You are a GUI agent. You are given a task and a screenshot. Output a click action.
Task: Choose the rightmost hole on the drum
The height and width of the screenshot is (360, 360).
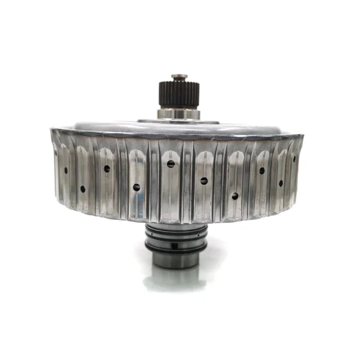(294, 158)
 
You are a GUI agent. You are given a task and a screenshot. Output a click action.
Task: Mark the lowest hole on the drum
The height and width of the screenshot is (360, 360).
(235, 196)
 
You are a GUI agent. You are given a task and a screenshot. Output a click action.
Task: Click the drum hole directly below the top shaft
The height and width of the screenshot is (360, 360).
(171, 164)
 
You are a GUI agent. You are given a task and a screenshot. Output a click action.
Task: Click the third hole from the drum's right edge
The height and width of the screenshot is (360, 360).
(262, 170)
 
